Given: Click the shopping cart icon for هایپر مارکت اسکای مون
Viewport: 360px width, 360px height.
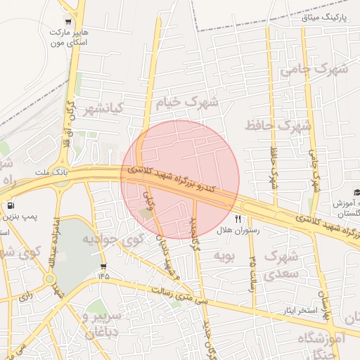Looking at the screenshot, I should point(67,21).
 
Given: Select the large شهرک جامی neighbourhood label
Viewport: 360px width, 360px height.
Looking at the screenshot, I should point(314,70).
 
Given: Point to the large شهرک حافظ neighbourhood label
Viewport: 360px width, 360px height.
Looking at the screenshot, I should point(278,126).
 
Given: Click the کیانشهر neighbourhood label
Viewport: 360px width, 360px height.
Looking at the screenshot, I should point(103,110).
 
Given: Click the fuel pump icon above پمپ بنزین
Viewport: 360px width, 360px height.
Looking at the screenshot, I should point(11,206).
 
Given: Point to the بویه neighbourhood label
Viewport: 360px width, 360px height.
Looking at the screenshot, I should point(224,253).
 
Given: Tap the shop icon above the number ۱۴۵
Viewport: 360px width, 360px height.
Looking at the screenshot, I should point(104,266).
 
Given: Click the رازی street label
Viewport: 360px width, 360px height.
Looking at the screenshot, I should point(26,296).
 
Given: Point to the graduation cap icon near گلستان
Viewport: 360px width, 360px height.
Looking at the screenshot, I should point(356,193).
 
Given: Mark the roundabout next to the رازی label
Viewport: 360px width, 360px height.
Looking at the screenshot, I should point(49,279).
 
